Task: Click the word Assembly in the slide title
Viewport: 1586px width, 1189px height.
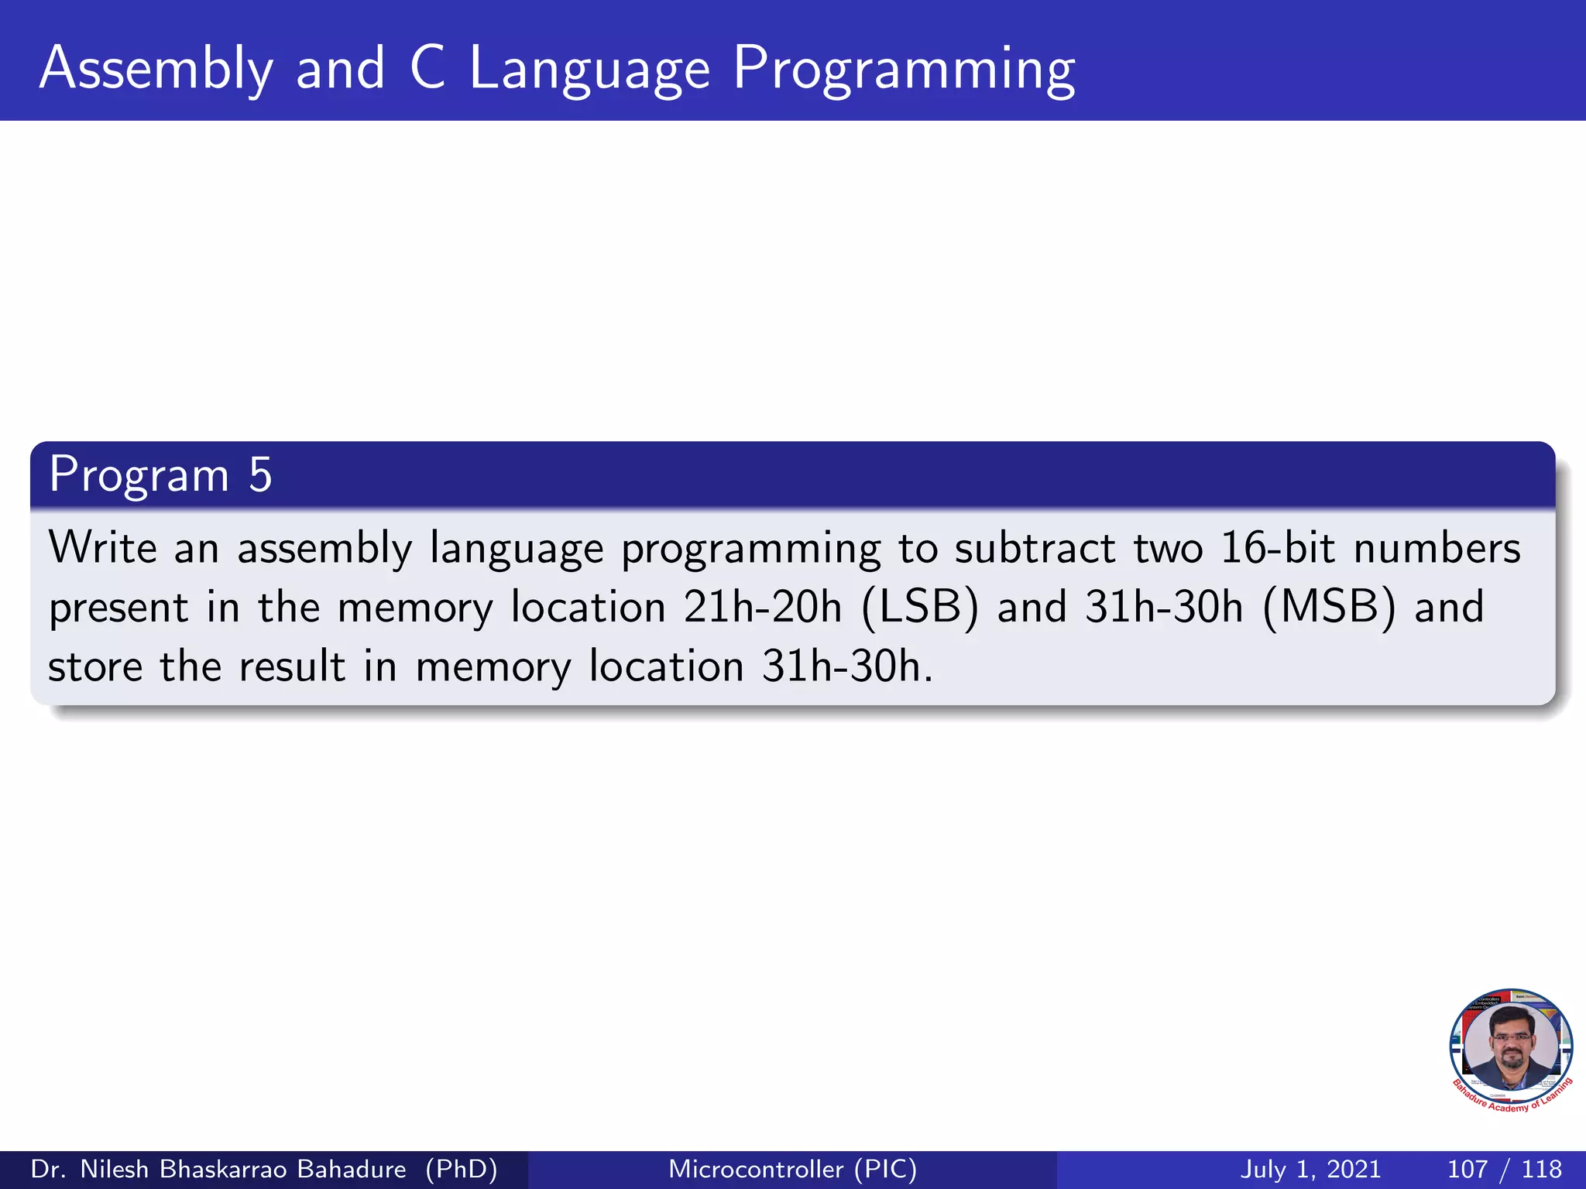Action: click(156, 70)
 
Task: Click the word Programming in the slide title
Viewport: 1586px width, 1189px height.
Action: click(904, 70)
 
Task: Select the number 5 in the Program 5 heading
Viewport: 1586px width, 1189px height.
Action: click(260, 475)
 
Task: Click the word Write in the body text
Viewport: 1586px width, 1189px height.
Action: click(103, 547)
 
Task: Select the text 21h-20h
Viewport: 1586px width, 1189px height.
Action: click(762, 607)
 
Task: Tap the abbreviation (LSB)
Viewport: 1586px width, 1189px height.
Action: click(920, 607)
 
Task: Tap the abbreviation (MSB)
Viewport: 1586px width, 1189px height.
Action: click(1329, 607)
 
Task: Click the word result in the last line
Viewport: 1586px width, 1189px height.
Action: click(292, 666)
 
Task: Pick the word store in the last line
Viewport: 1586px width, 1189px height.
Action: click(95, 666)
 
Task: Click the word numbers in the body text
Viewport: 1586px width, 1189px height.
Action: click(1437, 547)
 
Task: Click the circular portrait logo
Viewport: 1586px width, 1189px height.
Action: click(1510, 1045)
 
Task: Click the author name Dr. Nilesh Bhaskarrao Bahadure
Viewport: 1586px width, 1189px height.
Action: click(218, 1169)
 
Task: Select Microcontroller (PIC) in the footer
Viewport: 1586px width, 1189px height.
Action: click(792, 1169)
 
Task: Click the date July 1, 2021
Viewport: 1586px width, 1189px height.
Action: click(1310, 1169)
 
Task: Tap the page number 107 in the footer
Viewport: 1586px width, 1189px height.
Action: click(1467, 1169)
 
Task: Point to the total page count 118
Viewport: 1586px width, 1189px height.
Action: click(1541, 1169)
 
